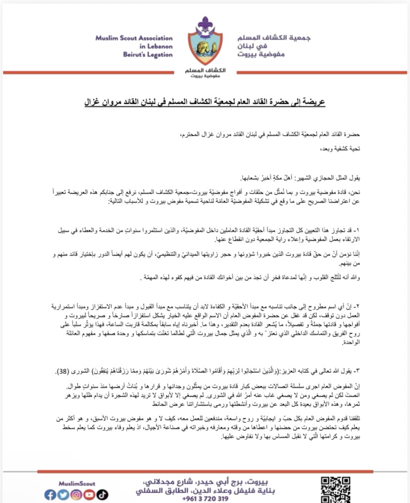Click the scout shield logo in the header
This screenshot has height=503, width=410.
(205, 47)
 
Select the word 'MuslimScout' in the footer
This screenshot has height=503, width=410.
(73, 483)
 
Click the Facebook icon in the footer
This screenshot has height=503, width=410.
(50, 495)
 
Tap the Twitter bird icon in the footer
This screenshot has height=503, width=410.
(63, 495)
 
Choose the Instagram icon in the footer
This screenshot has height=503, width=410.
(76, 495)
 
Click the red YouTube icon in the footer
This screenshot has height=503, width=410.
(89, 495)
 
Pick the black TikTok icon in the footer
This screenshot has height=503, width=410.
(102, 495)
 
